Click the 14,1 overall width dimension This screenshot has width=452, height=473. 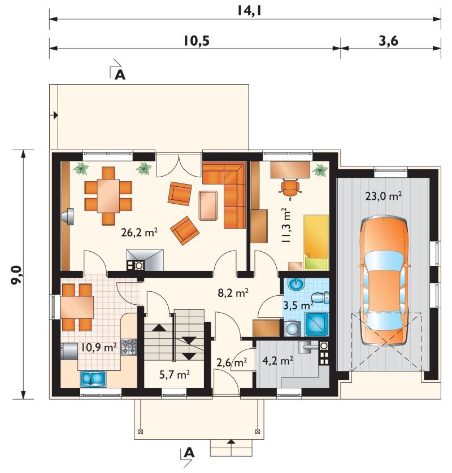249,11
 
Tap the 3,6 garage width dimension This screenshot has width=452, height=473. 389,41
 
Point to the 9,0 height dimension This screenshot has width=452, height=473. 16,275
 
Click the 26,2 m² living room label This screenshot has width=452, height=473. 139,233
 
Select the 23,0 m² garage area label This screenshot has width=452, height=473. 384,196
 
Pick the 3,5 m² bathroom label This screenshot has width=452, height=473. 298,305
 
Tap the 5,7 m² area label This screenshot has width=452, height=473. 175,375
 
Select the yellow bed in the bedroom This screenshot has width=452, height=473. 316,242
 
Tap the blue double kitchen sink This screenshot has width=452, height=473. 93,379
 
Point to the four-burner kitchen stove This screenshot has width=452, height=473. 129,347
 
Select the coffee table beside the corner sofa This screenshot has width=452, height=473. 208,205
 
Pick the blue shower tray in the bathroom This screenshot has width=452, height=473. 317,325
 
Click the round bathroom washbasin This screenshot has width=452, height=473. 297,284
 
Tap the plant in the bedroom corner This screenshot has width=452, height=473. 320,170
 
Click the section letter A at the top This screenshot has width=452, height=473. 120,75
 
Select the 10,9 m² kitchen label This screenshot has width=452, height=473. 98,348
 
